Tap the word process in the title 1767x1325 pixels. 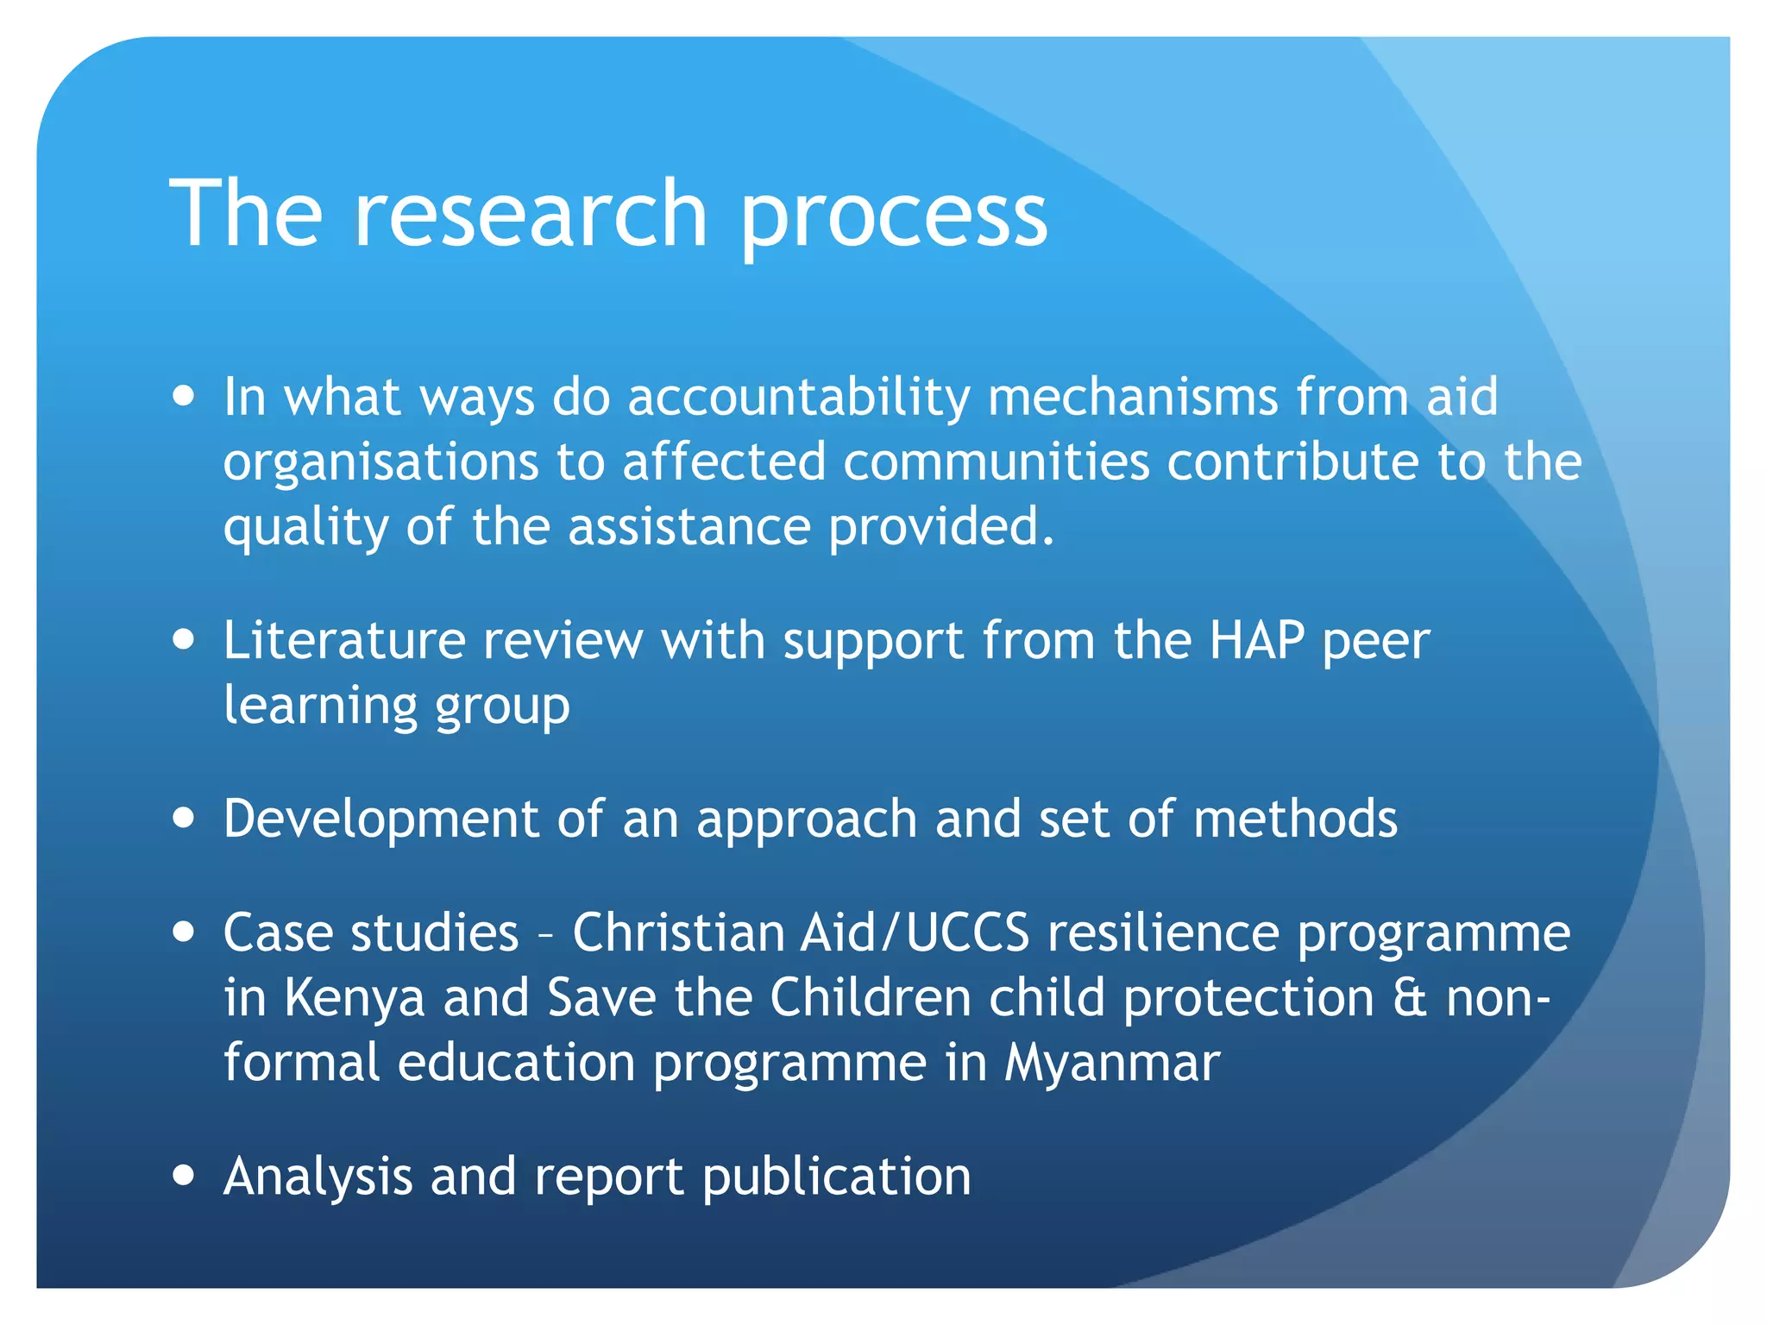[x=893, y=216]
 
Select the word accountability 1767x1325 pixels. [x=799, y=399]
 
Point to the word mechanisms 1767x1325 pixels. [x=1133, y=397]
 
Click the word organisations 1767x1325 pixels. [x=380, y=463]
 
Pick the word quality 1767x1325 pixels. [x=305, y=528]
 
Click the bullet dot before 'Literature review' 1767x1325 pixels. [x=183, y=641]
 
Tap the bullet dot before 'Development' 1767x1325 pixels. [x=183, y=818]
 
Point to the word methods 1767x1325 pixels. [x=1295, y=818]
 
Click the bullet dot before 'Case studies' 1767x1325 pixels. [x=183, y=933]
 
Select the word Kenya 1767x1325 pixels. [x=355, y=998]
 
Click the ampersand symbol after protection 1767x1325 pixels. [x=1410, y=998]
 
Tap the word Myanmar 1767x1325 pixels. [x=1112, y=1063]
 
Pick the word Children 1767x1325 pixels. [x=871, y=998]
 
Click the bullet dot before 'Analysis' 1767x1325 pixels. [x=183, y=1176]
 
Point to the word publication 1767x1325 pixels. [x=836, y=1177]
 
